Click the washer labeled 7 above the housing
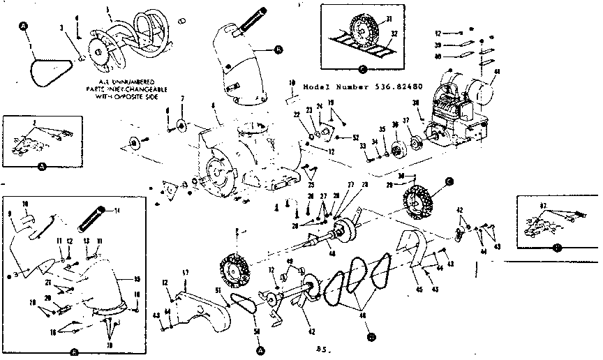click(184, 126)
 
